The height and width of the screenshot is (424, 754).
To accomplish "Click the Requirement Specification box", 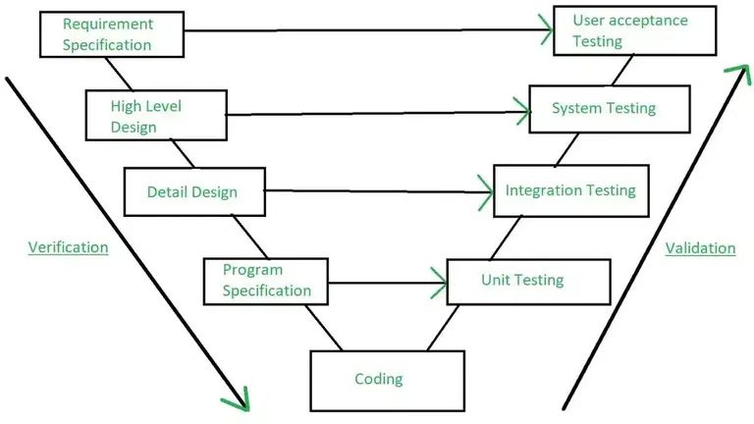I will click(x=111, y=33).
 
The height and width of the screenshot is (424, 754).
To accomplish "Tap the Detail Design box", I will click(x=193, y=191).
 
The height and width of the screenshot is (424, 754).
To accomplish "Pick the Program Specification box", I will click(x=266, y=281).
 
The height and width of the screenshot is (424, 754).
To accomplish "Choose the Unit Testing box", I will click(x=527, y=281).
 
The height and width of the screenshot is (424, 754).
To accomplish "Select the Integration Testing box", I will click(x=570, y=190).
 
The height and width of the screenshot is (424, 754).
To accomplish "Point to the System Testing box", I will click(x=609, y=108).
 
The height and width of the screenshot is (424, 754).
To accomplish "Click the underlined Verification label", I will click(x=68, y=247).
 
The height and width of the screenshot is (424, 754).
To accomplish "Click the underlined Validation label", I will click(x=700, y=248).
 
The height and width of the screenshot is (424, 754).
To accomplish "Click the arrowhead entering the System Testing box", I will click(x=521, y=113).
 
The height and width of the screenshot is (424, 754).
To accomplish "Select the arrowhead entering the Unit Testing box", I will click(x=438, y=287).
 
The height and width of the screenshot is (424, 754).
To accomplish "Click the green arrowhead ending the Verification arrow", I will click(x=238, y=400).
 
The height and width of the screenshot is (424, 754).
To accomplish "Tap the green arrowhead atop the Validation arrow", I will click(x=731, y=74).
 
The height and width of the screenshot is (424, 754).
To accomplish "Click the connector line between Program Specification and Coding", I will click(x=324, y=327).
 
